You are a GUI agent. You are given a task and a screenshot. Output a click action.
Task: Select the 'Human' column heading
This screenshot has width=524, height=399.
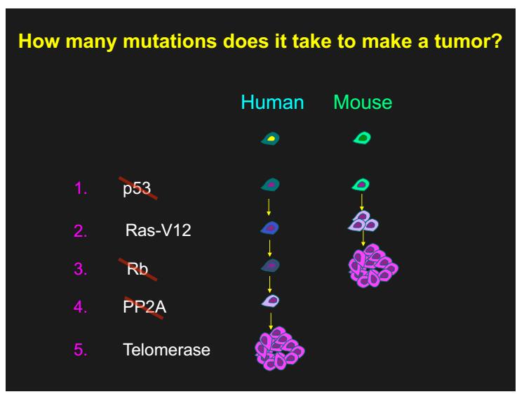point(272,102)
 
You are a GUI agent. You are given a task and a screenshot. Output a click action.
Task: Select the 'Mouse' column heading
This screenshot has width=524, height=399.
point(363,102)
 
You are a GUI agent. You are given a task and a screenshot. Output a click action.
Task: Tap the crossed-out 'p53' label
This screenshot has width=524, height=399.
point(137,188)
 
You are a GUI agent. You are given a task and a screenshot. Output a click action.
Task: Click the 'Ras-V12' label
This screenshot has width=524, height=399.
point(158,230)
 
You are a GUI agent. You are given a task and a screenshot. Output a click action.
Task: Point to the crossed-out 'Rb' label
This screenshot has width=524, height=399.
point(137,269)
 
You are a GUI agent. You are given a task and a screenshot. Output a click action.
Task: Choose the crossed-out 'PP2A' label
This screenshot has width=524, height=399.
point(145,307)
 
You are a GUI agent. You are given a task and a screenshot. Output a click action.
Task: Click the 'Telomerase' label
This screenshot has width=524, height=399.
point(166,350)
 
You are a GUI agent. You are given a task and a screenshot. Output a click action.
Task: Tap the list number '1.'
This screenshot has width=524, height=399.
point(81,188)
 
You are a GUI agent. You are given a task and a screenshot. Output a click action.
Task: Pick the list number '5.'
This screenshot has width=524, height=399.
point(81,350)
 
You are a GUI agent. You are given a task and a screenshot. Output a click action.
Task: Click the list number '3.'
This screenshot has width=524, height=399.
point(81,269)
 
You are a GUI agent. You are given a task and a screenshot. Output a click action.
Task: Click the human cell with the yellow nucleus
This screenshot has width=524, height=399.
point(270,138)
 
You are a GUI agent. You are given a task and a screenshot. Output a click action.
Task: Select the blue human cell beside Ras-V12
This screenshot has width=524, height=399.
point(269,228)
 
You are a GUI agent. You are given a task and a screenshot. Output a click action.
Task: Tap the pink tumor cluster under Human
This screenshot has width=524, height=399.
point(279,349)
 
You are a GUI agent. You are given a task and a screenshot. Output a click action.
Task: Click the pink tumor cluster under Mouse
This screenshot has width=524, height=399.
point(373,266)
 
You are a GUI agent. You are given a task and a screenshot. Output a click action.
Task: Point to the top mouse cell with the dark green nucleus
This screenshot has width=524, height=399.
point(362,138)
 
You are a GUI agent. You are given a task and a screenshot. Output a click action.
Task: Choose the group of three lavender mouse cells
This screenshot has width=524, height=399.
point(363,221)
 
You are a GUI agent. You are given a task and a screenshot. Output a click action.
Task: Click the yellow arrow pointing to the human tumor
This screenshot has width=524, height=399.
point(271,321)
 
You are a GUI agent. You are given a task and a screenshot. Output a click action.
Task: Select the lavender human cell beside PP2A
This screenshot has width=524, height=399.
point(270,301)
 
